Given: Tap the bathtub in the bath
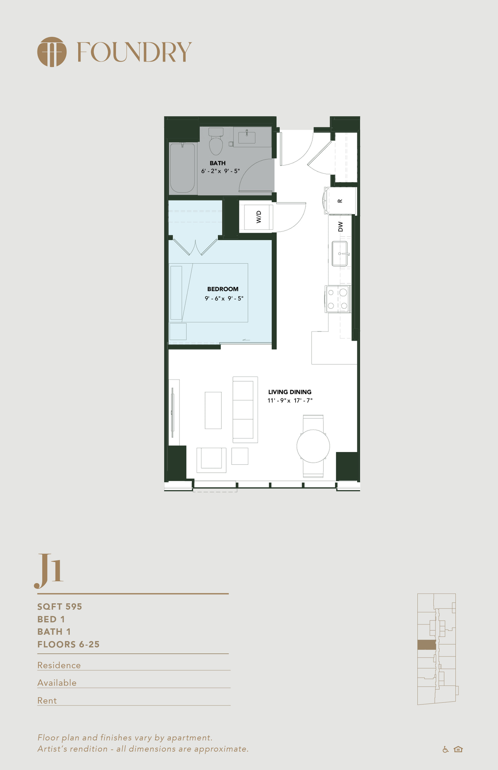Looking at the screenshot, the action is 182,168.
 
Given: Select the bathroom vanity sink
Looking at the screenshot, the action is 247,137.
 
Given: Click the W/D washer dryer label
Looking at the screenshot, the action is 259,217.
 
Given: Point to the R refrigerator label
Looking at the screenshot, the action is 340,201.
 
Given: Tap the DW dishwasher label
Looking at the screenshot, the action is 340,226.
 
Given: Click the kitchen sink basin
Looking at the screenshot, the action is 339,254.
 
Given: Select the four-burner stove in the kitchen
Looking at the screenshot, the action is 338,299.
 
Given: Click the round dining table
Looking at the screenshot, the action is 313,446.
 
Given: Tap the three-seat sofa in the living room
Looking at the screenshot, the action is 245,410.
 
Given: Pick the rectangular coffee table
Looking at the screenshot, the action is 213,410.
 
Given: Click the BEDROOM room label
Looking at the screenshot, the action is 223,289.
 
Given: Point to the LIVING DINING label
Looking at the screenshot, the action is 290,392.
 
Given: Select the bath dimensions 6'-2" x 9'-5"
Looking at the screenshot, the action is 221,171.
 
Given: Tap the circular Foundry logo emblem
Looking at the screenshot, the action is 52,52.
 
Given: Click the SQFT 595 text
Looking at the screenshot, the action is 60,607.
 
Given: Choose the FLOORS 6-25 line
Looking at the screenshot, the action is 69,644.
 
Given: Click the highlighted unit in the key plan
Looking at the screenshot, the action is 427,645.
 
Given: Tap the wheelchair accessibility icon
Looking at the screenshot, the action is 446,749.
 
